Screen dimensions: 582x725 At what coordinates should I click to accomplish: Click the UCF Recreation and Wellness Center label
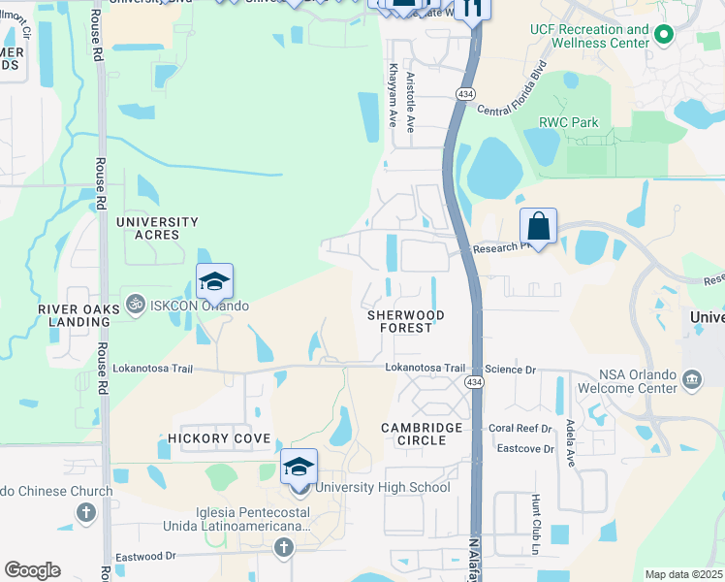tap(589, 36)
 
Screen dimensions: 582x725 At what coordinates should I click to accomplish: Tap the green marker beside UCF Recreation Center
tap(664, 37)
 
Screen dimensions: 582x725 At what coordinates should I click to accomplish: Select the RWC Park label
tap(569, 123)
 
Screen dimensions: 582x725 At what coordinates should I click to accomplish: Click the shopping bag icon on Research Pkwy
tap(538, 227)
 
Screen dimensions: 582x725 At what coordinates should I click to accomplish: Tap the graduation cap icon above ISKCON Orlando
tap(214, 281)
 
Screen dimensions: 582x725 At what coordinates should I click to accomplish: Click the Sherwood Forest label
tap(406, 322)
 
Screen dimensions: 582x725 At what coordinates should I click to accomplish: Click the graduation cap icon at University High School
tap(299, 468)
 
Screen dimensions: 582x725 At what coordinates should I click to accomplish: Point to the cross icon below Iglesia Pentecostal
tap(284, 549)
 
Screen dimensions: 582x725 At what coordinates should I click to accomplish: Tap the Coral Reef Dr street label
tap(520, 428)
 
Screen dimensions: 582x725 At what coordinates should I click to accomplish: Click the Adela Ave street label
tap(571, 448)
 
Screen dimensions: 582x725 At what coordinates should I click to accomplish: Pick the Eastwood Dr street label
tap(145, 556)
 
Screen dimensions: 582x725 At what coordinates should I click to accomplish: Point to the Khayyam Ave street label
tap(394, 96)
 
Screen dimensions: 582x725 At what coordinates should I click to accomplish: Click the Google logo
tap(32, 570)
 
